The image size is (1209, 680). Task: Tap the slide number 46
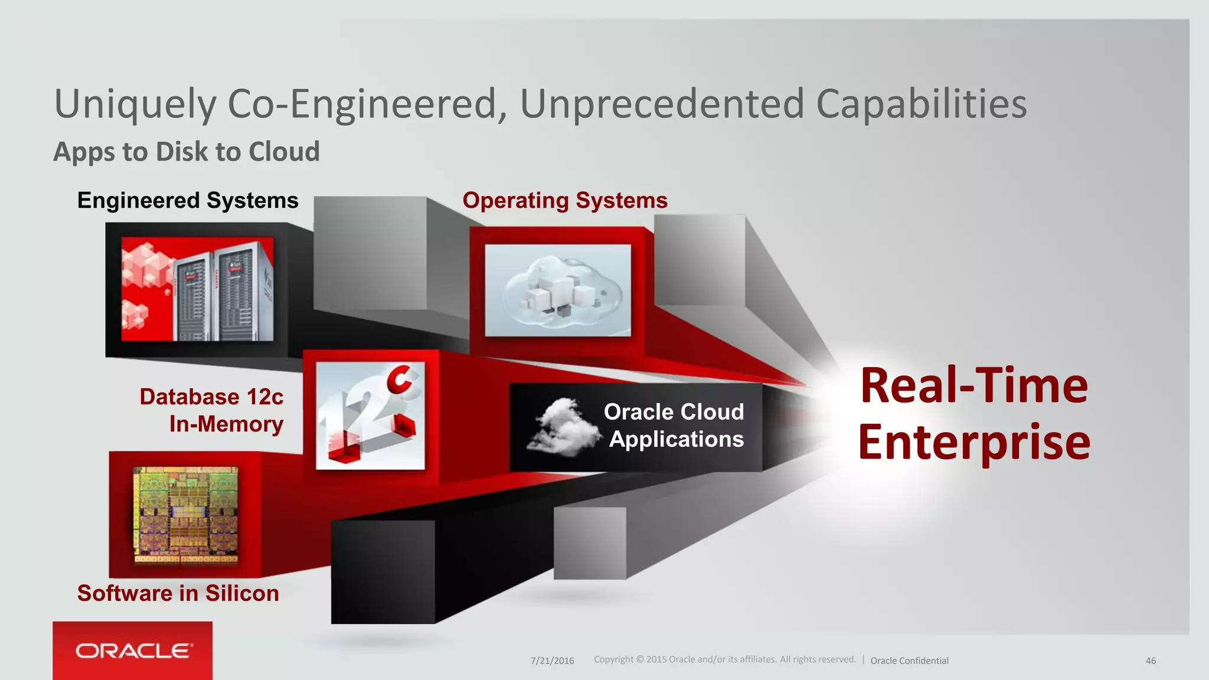pos(1151,661)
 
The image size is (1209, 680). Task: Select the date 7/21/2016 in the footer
pos(552,661)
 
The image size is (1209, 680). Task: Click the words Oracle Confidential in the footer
pos(909,661)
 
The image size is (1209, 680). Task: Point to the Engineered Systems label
pos(188,201)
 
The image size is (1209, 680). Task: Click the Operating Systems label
pos(565,201)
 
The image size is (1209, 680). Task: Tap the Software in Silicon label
pos(178,593)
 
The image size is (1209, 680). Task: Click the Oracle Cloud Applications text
pos(675,426)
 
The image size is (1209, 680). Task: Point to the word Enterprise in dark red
pos(974,442)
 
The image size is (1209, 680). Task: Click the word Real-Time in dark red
pos(974,385)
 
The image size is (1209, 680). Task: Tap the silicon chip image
pos(186,514)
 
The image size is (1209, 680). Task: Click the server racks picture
pos(197,289)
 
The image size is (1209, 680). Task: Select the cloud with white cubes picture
pos(558,290)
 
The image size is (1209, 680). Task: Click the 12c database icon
pos(370,416)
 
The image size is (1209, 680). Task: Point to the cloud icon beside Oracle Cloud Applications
pos(561,427)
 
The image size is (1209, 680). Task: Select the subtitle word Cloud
pos(284,152)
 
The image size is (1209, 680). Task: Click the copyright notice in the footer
pos(724,659)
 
